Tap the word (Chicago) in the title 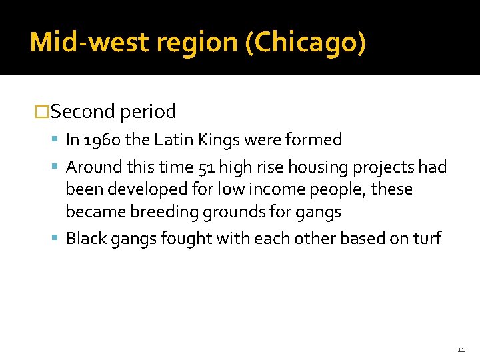click(x=305, y=43)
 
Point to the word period click(x=148, y=111)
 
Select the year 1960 click(x=98, y=140)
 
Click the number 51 click(x=206, y=167)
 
